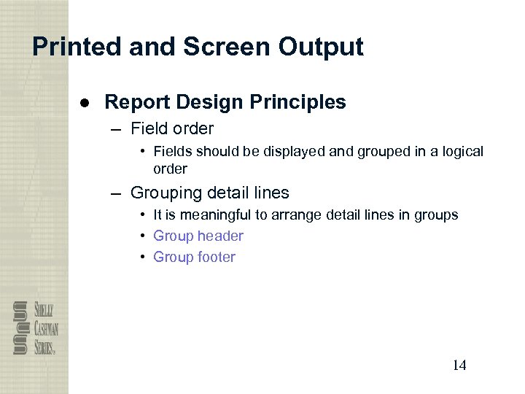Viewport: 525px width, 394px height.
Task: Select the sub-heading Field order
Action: point(171,129)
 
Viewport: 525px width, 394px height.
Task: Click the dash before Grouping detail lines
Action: point(117,193)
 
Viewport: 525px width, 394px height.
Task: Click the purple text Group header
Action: point(198,236)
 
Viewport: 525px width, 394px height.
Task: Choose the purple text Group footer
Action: point(194,257)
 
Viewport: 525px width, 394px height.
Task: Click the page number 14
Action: point(459,365)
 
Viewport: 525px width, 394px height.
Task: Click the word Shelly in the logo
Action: point(43,310)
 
